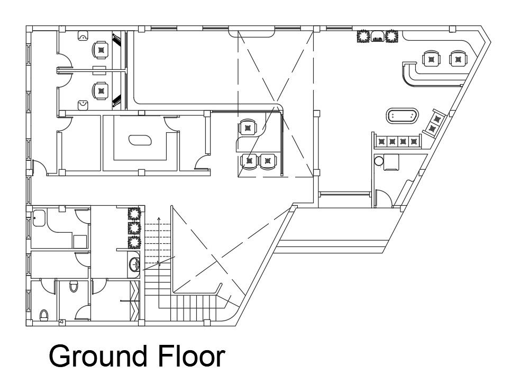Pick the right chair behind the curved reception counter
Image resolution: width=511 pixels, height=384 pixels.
[x=457, y=58]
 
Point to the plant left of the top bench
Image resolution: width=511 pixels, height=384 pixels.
[x=363, y=36]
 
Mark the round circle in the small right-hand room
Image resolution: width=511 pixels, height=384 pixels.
[x=378, y=160]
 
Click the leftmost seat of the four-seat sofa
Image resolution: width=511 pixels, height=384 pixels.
[x=381, y=141]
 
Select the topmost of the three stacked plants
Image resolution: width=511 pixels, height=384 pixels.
[x=133, y=214]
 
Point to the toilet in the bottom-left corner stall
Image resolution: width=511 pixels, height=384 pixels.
[x=44, y=315]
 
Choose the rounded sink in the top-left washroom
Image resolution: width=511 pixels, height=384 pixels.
[x=39, y=217]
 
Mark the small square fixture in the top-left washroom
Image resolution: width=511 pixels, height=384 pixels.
[x=79, y=241]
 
